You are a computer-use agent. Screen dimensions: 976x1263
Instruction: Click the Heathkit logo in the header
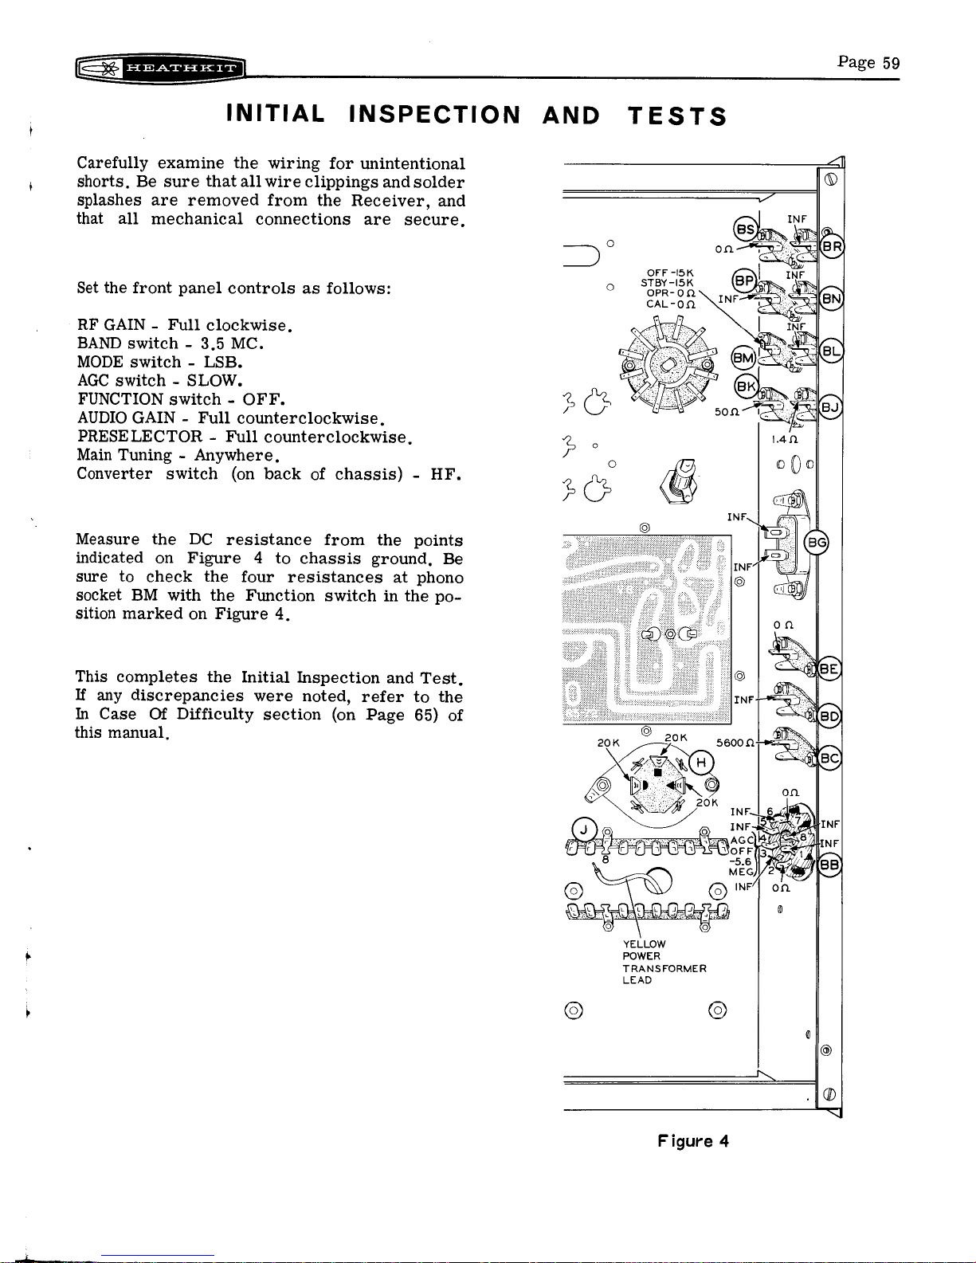click(x=159, y=69)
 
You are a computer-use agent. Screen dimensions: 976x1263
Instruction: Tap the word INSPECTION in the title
click(x=434, y=115)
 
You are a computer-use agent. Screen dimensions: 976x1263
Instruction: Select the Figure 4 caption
click(x=692, y=1141)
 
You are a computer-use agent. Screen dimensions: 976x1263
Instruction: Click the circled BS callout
click(x=746, y=229)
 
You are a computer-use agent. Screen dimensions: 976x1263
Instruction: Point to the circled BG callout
click(x=817, y=543)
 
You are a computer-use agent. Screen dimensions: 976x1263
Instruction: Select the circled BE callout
click(x=829, y=669)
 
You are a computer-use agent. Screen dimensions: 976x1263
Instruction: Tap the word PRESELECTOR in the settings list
click(x=140, y=437)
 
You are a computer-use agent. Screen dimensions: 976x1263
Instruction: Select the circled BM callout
click(x=743, y=358)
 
